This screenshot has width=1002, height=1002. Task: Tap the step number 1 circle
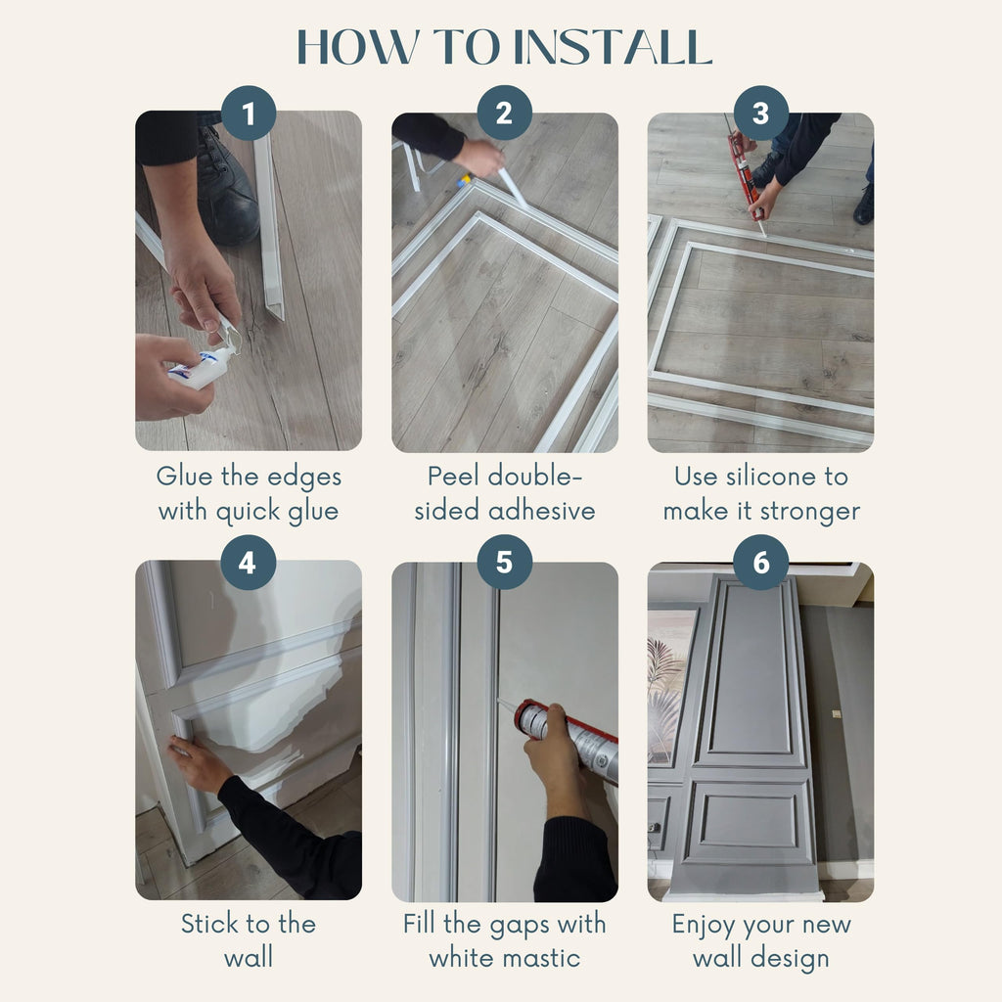point(249,114)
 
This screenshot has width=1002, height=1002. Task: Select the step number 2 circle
point(504,114)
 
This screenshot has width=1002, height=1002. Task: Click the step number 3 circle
point(760,114)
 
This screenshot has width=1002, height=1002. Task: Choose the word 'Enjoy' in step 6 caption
point(703,925)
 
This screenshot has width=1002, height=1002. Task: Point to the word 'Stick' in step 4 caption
point(210,925)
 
